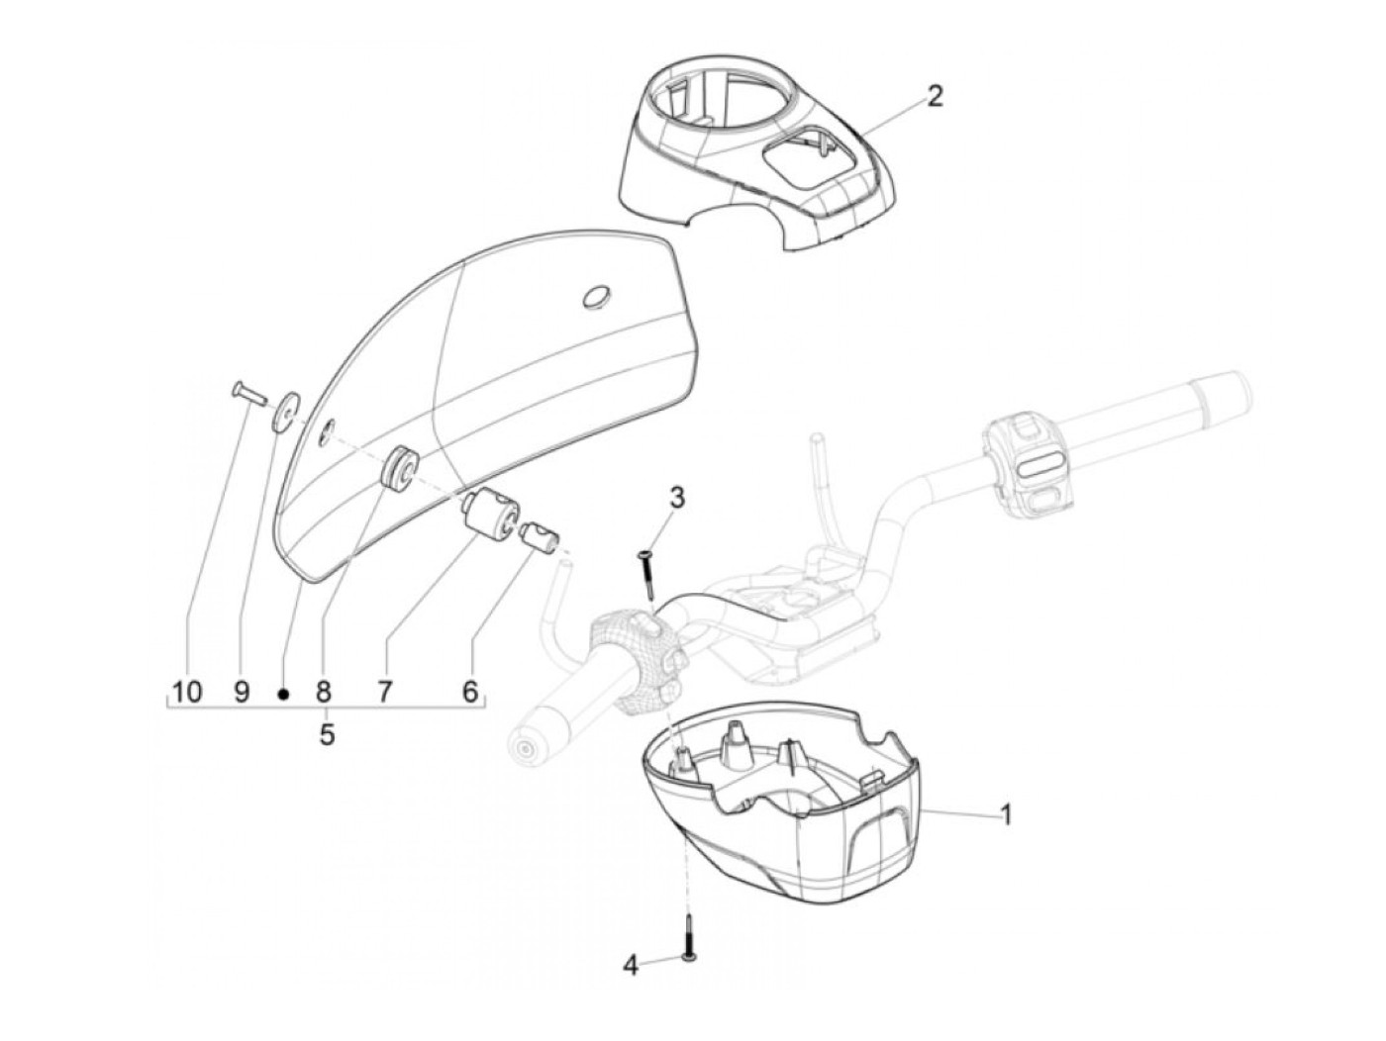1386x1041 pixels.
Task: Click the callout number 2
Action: [x=934, y=96]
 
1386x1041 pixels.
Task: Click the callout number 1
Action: [x=1006, y=815]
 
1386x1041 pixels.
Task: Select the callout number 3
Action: [x=676, y=497]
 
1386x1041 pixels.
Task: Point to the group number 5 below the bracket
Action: [x=326, y=735]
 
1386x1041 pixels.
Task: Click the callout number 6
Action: [x=469, y=691]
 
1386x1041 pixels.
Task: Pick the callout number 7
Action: [x=384, y=691]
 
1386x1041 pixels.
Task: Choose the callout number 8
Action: [x=324, y=691]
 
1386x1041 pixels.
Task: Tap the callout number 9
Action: [x=242, y=691]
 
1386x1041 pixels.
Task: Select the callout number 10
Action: [x=186, y=691]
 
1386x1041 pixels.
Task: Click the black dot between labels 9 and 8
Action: [x=282, y=695]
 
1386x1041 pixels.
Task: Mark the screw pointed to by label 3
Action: [x=647, y=575]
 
